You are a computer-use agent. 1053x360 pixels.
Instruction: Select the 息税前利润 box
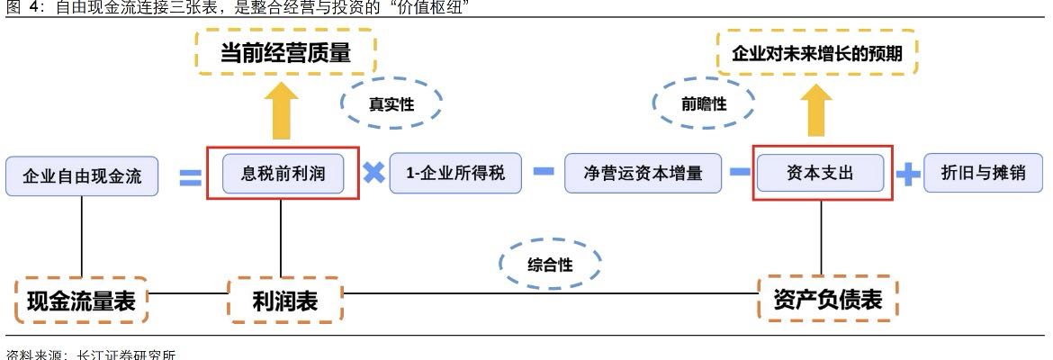click(283, 174)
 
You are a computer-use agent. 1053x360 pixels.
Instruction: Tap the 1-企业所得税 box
click(455, 174)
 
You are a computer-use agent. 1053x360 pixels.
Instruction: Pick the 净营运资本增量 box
click(643, 174)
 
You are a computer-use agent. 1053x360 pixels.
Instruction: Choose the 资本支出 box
click(820, 174)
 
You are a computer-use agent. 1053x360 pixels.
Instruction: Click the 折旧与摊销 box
click(983, 174)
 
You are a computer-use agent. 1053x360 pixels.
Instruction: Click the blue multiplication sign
click(373, 172)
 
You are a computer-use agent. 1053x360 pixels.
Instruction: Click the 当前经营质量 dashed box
click(285, 53)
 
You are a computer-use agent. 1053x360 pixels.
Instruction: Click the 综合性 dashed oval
click(549, 264)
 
